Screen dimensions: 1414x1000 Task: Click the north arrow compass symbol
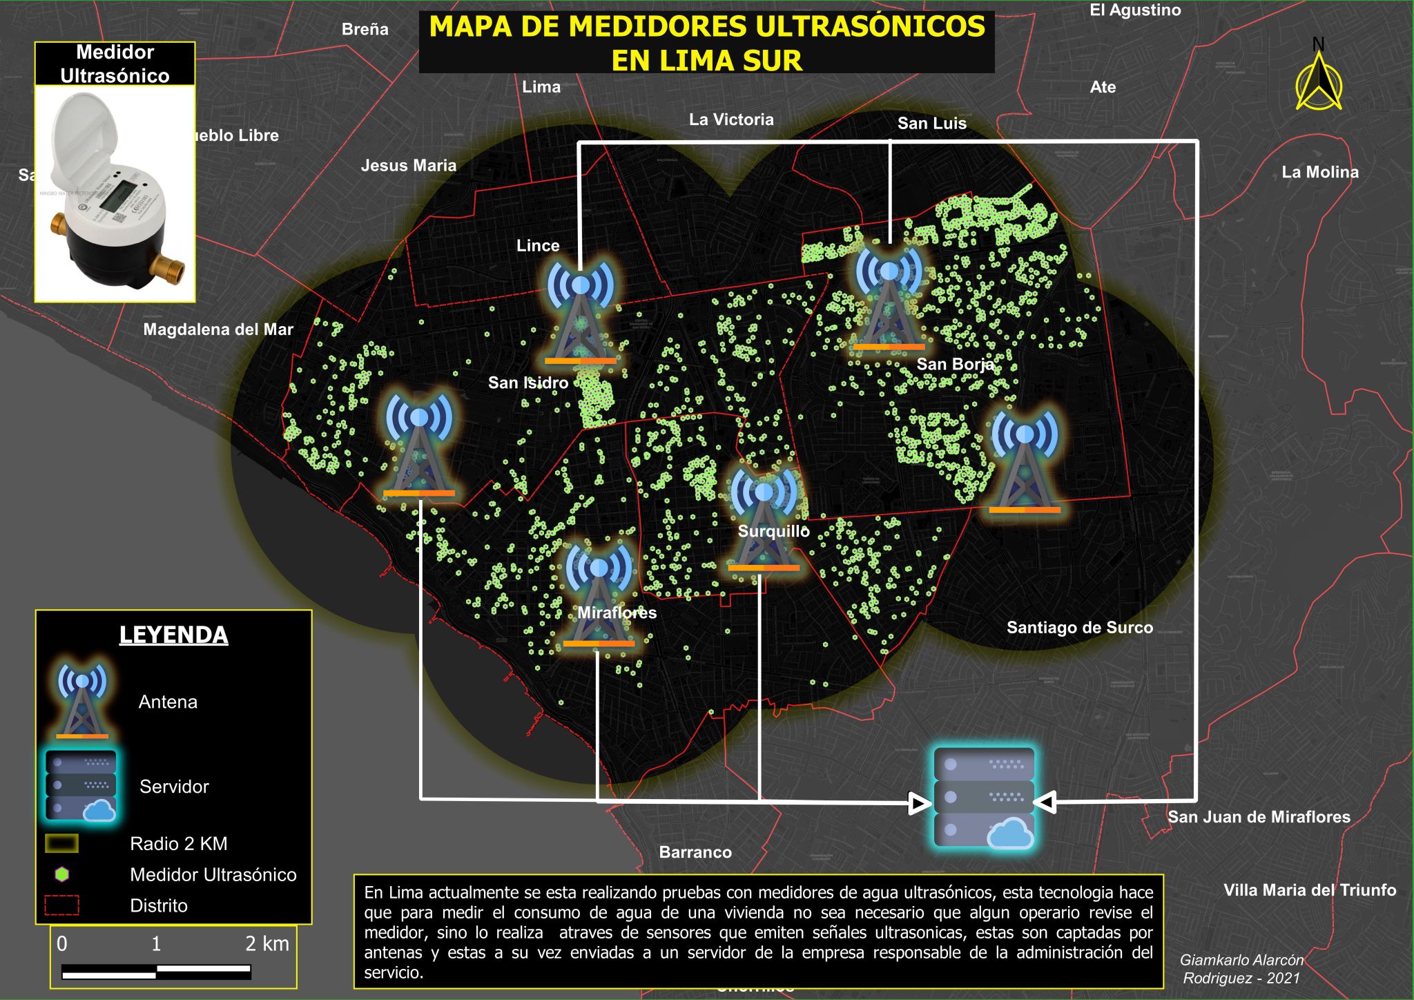[1319, 81]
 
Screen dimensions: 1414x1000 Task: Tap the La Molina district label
[1319, 172]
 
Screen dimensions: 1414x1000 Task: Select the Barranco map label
[695, 852]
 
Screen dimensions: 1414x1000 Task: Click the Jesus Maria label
[409, 165]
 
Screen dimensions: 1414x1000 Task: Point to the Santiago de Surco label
[1079, 627]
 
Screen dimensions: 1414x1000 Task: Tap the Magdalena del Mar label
[218, 329]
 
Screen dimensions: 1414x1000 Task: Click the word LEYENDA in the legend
[173, 635]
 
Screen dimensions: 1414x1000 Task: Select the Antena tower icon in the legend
[82, 700]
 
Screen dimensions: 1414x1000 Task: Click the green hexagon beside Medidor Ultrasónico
[62, 874]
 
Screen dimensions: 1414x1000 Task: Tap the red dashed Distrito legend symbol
[62, 905]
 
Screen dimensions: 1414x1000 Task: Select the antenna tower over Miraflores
[599, 595]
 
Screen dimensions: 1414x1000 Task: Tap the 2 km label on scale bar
[267, 943]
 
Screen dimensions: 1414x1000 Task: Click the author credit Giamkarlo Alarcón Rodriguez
[1241, 968]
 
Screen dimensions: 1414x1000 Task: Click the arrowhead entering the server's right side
[1045, 802]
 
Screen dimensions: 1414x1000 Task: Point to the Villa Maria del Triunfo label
[1309, 890]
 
